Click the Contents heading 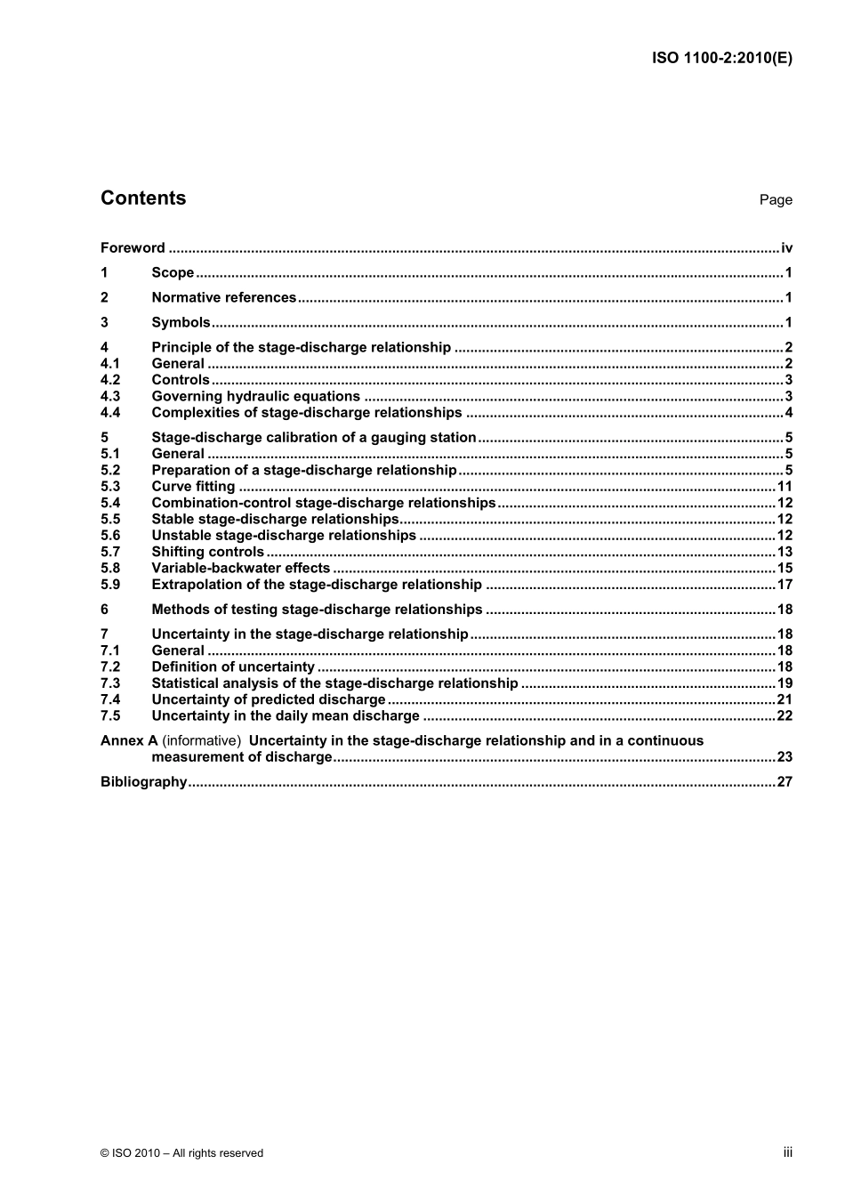click(x=143, y=198)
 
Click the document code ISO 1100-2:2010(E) click(x=722, y=58)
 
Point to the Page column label click(x=776, y=200)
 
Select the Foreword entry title click(x=133, y=248)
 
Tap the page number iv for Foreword click(x=786, y=248)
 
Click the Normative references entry click(x=223, y=298)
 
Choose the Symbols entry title click(x=181, y=323)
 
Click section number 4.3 click(x=110, y=397)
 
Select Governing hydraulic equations click(x=255, y=397)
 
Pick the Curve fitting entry click(x=193, y=487)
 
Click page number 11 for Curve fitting click(x=785, y=487)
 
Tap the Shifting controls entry click(x=207, y=552)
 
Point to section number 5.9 click(x=110, y=585)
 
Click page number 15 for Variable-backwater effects click(x=785, y=569)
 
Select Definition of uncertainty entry click(x=233, y=667)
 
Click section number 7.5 click(x=110, y=716)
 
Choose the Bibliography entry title click(x=143, y=782)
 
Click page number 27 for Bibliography click(x=785, y=782)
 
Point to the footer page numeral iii click(x=787, y=1152)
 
